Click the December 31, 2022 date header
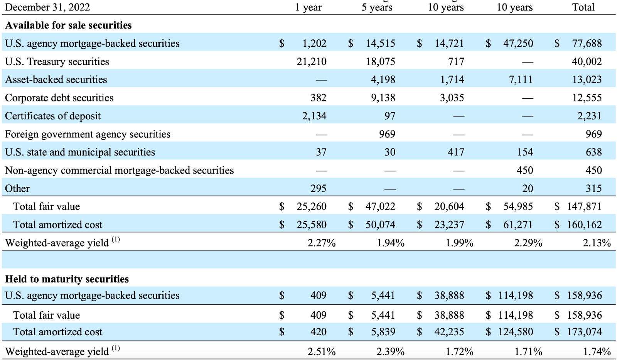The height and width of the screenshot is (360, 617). click(47, 7)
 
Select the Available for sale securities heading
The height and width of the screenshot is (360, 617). click(68, 25)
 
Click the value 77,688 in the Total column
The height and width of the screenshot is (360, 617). click(587, 43)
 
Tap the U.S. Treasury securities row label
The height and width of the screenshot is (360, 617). click(57, 62)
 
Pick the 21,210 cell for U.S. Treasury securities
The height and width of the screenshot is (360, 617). click(311, 62)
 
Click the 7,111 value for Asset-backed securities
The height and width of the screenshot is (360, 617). click(521, 79)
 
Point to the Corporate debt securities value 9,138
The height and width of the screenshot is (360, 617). click(383, 98)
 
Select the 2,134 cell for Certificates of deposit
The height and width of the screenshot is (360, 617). click(314, 116)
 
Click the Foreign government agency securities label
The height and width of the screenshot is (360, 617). click(88, 134)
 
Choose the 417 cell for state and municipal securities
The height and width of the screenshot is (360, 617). click(456, 152)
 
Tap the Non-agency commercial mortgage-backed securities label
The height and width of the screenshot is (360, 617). click(119, 171)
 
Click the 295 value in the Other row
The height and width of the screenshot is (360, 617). click(318, 188)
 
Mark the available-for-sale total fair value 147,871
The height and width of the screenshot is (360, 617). click(584, 206)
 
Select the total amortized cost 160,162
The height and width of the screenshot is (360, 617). click(584, 225)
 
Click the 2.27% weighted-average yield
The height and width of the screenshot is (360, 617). click(321, 243)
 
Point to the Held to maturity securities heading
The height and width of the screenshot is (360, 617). click(67, 279)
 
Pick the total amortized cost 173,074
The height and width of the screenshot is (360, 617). click(584, 332)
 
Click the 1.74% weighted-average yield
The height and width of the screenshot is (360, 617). click(597, 352)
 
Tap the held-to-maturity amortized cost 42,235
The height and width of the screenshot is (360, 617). click(449, 332)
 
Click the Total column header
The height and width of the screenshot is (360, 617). click(583, 7)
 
